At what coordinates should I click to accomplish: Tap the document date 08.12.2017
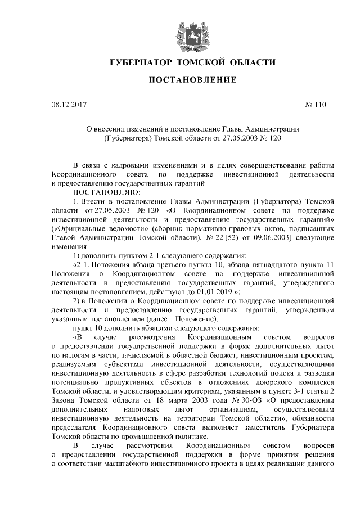(x=69, y=105)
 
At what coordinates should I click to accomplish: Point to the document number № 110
(x=315, y=105)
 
